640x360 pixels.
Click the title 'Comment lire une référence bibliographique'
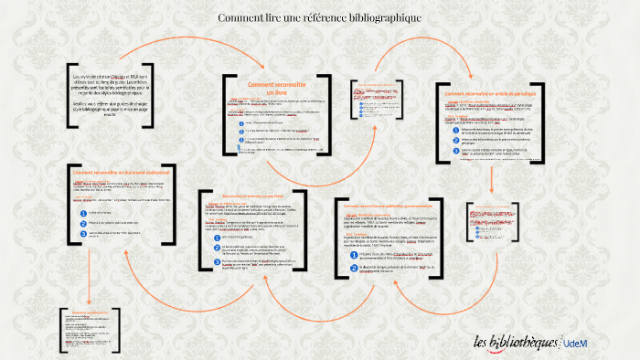click(x=319, y=17)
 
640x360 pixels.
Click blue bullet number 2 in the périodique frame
click(x=454, y=139)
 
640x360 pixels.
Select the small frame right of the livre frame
click(x=377, y=111)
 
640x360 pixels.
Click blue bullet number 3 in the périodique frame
click(x=454, y=149)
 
